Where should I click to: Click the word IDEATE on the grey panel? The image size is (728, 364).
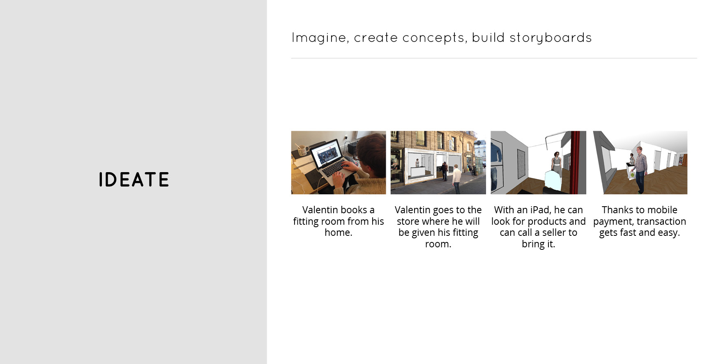pyautogui.click(x=134, y=180)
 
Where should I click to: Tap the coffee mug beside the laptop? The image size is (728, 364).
pyautogui.click(x=302, y=150)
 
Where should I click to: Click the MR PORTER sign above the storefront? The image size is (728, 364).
pyautogui.click(x=441, y=152)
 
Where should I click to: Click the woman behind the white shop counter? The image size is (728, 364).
pyautogui.click(x=417, y=163)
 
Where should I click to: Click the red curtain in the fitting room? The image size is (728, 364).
pyautogui.click(x=578, y=162)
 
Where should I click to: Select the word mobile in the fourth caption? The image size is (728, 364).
pyautogui.click(x=661, y=210)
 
